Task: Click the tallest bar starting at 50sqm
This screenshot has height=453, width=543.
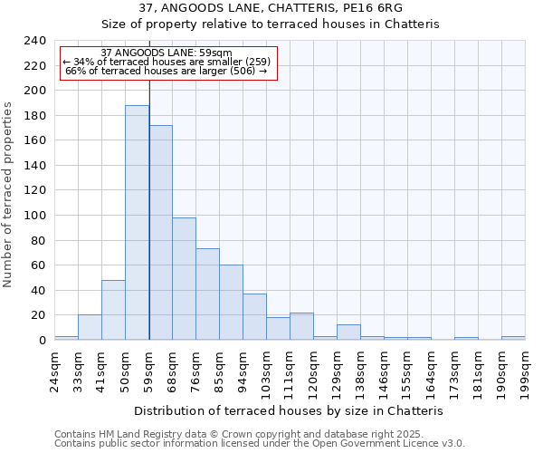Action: tap(137, 223)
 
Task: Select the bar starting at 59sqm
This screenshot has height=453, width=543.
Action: tap(160, 233)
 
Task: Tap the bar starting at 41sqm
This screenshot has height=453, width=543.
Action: tap(113, 310)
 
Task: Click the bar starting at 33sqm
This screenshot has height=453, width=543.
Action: tap(90, 327)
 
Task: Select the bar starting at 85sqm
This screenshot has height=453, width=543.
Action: tap(231, 303)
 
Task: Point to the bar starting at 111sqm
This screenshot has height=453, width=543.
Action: tap(301, 326)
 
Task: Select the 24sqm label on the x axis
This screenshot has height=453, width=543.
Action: tap(54, 370)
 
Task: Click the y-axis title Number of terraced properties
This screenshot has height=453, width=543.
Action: tap(9, 194)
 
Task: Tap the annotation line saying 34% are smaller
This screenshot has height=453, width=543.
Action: tap(167, 62)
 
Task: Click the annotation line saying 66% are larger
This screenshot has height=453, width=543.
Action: tap(167, 71)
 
